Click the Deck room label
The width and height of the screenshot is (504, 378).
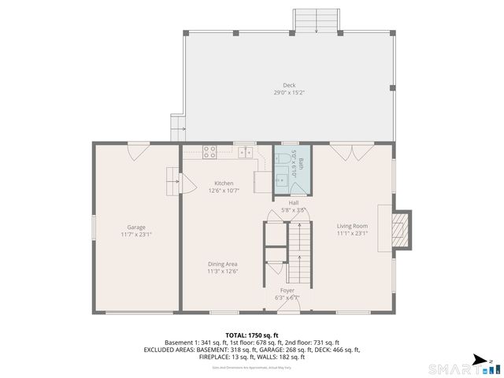(290, 86)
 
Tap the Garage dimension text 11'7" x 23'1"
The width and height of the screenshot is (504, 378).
(136, 234)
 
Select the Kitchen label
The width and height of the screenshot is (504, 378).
(223, 183)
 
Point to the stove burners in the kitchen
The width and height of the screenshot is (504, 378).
(210, 152)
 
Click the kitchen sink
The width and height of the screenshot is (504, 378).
(246, 152)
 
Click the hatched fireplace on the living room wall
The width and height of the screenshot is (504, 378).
(402, 228)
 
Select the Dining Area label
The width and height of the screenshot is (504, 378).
(223, 264)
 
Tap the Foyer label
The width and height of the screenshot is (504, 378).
(287, 291)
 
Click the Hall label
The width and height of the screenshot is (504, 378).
(293, 202)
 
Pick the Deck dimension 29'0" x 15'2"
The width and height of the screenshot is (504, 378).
(290, 93)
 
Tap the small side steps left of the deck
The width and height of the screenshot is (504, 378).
(177, 126)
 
